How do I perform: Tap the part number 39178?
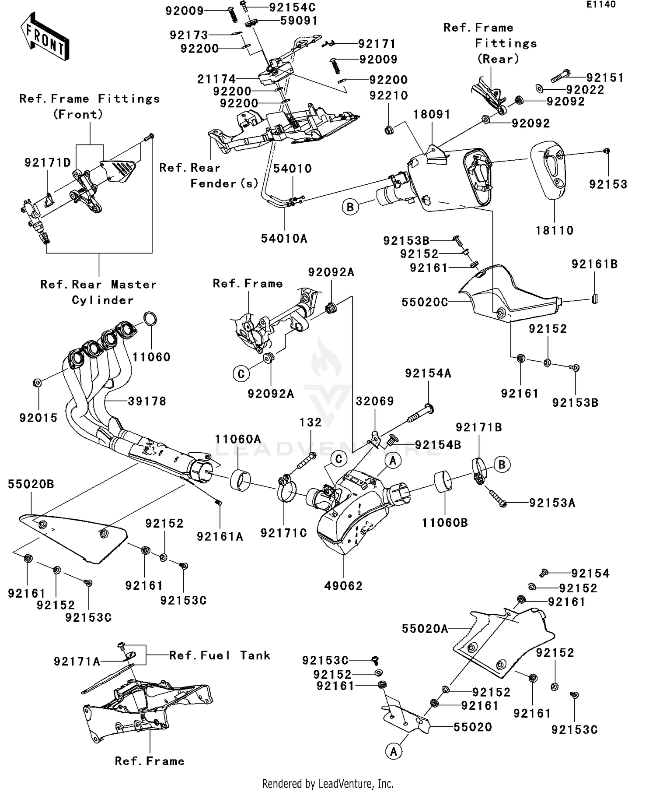tap(147, 401)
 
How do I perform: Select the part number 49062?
tap(343, 586)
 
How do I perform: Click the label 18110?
tap(555, 230)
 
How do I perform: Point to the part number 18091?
tap(432, 114)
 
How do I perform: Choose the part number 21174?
tap(216, 79)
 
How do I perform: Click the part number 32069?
tap(375, 401)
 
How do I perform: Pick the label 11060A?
tap(238, 439)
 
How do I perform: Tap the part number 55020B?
tap(31, 484)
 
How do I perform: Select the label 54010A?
tap(284, 239)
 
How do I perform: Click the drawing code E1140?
tap(601, 4)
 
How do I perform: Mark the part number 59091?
tap(299, 21)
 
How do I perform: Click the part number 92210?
tap(388, 95)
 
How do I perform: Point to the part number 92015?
tap(38, 418)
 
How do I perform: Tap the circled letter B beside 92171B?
tap(502, 465)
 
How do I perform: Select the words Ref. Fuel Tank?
tap(220, 655)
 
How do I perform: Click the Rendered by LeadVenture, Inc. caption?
tap(328, 784)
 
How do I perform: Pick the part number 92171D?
tap(47, 163)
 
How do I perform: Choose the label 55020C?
tap(425, 302)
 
